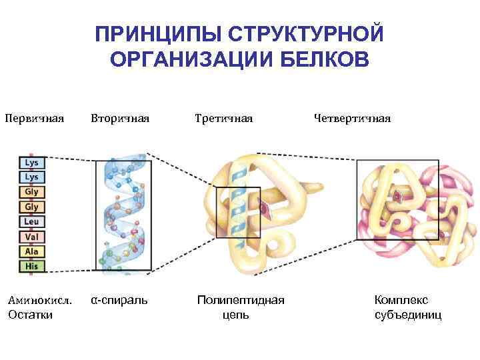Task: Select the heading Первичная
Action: pyautogui.click(x=34, y=119)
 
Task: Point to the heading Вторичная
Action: pyautogui.click(x=119, y=119)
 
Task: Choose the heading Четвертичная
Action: pyautogui.click(x=352, y=119)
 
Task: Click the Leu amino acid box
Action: pyautogui.click(x=31, y=221)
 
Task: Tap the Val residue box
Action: pyautogui.click(x=31, y=236)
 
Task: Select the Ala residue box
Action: pyautogui.click(x=31, y=251)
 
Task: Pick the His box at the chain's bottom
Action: pyautogui.click(x=31, y=265)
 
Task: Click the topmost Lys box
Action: pyautogui.click(x=31, y=162)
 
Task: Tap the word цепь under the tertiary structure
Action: pyautogui.click(x=235, y=314)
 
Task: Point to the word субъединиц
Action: pyautogui.click(x=408, y=314)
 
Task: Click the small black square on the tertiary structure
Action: pyautogui.click(x=237, y=212)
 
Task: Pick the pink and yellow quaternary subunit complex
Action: pyautogui.click(x=413, y=210)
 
